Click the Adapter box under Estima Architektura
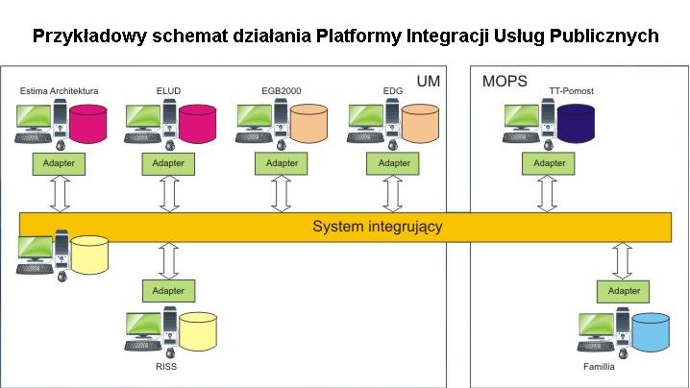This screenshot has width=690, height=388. click(x=60, y=163)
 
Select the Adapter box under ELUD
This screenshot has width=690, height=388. click(x=169, y=163)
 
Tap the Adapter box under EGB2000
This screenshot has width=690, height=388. click(x=282, y=163)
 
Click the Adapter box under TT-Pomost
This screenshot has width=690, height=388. click(x=550, y=163)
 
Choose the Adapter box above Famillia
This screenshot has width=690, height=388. click(x=625, y=290)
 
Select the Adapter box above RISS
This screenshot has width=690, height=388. click(x=169, y=290)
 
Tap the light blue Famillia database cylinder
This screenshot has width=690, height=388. click(x=650, y=331)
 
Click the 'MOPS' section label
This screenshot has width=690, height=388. click(x=504, y=82)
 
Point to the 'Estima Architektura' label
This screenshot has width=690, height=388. click(x=60, y=91)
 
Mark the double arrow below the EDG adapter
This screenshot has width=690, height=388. click(x=392, y=193)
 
